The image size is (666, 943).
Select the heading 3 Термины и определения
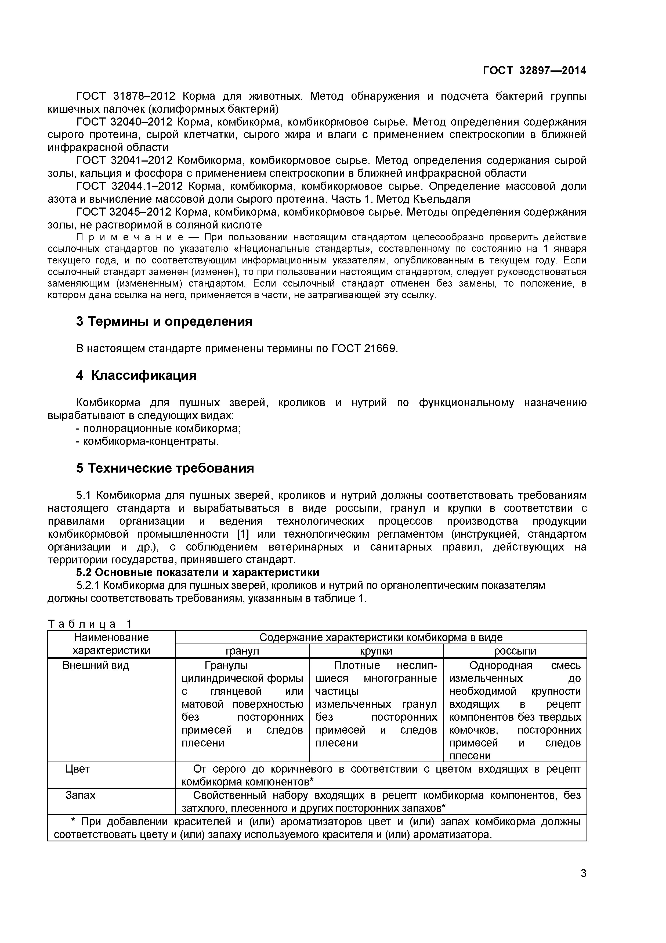pos(164,321)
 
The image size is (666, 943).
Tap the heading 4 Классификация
pos(136,375)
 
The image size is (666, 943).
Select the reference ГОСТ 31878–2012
pos(126,96)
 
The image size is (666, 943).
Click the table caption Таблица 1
pos(90,624)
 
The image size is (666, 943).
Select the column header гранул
pos(242,651)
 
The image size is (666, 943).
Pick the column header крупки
pos(376,651)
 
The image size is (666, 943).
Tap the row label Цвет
pos(78,769)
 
